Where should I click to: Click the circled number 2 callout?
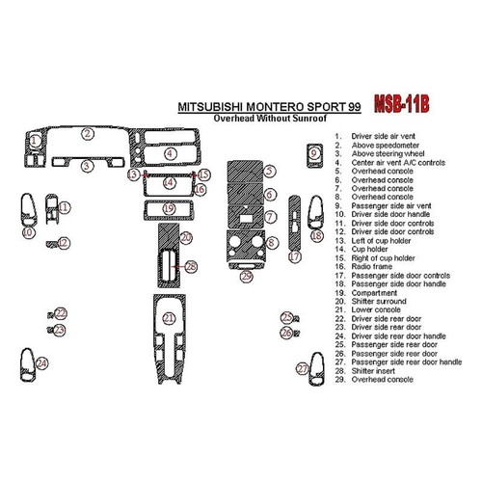point(87,134)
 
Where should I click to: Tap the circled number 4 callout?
point(169,153)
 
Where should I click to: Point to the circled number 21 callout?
point(169,318)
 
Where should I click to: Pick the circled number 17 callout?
point(296,258)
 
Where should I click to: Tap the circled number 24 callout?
point(41,363)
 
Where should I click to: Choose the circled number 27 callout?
point(302,369)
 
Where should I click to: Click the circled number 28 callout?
point(191,266)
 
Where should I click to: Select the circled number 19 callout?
point(169,208)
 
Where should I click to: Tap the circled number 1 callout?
point(35,141)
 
